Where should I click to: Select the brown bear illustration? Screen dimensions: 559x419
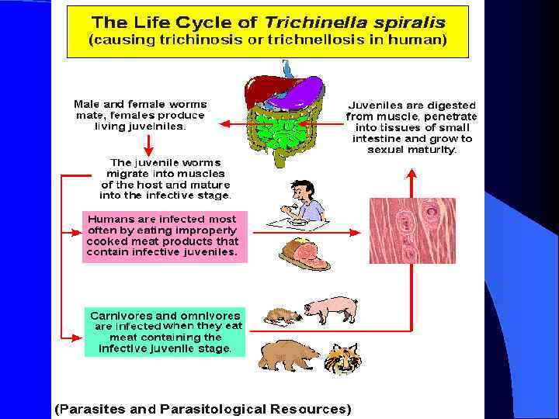[287, 355]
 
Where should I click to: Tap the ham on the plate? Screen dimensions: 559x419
[303, 253]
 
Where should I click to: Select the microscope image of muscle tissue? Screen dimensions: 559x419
[411, 230]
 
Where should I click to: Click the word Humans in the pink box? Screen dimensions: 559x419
[111, 219]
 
